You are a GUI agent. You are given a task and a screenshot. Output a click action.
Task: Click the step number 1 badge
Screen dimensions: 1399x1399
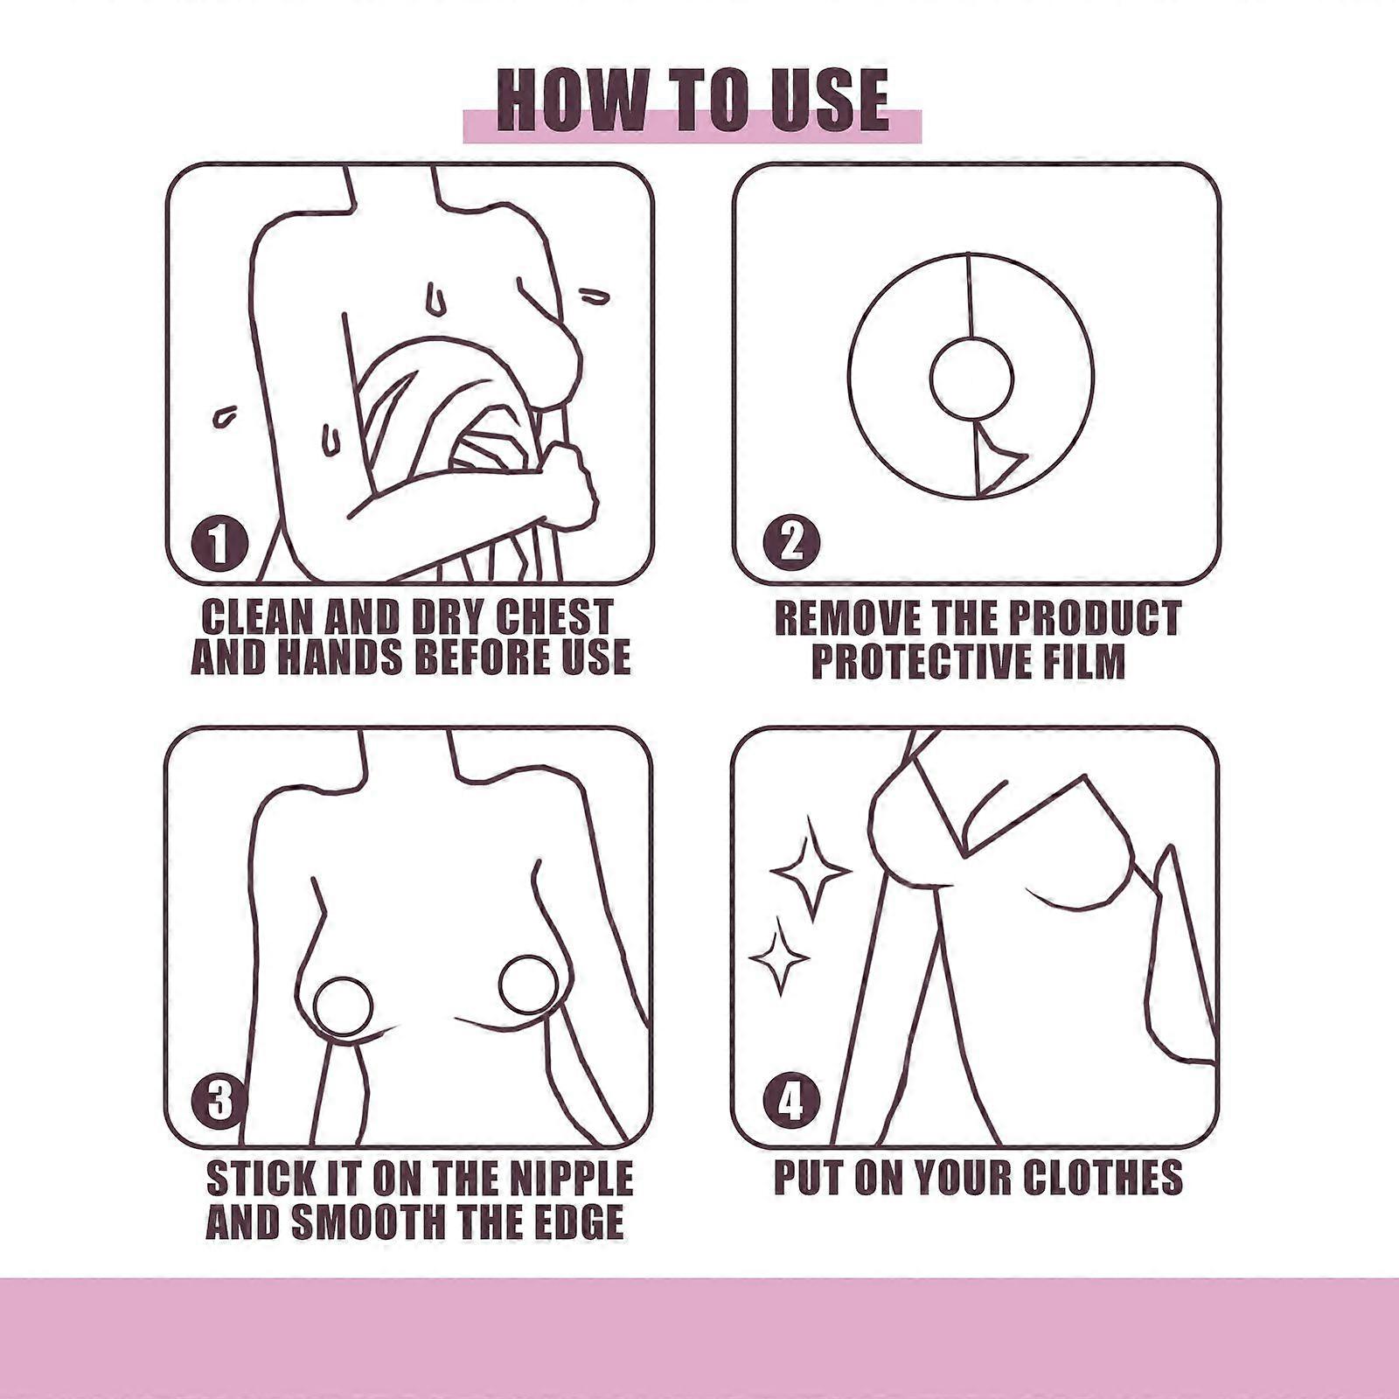point(219,543)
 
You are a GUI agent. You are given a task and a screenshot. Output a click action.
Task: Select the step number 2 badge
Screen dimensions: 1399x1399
point(791,542)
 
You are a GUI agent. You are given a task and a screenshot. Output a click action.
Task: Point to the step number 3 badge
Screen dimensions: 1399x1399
point(219,1100)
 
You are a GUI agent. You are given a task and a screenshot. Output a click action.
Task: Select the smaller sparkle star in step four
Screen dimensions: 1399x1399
point(777,957)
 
